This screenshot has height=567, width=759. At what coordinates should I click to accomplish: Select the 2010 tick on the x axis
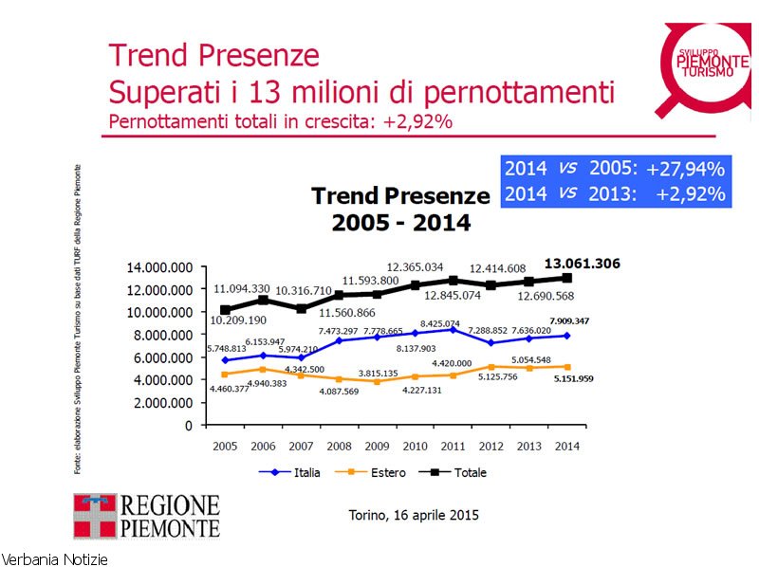(x=414, y=446)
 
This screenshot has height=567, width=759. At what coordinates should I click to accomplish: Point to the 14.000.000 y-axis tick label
(x=159, y=267)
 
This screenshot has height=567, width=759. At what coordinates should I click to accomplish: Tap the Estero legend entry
(x=379, y=472)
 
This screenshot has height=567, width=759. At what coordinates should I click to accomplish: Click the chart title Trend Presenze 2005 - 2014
(x=400, y=210)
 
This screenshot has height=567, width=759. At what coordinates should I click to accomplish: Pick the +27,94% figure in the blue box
(x=685, y=170)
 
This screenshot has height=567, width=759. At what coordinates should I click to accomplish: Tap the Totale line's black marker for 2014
(x=567, y=278)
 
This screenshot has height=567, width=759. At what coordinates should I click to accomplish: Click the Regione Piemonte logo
(x=146, y=517)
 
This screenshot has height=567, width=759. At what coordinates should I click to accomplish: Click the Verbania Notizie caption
(x=54, y=559)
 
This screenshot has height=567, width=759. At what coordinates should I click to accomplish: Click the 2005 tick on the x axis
(x=225, y=446)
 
